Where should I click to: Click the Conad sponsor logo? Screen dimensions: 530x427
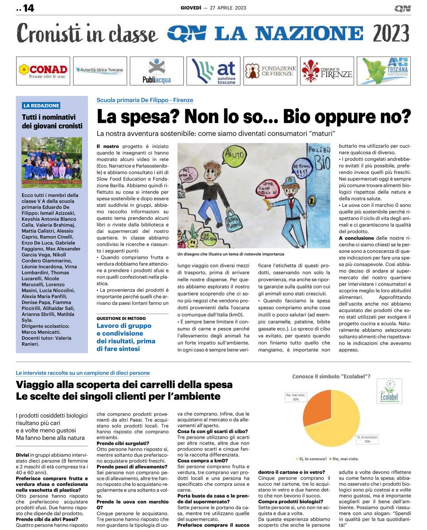pyautogui.click(x=43, y=71)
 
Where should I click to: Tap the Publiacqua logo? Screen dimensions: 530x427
pyautogui.click(x=157, y=71)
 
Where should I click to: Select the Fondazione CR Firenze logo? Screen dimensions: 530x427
pyautogui.click(x=270, y=71)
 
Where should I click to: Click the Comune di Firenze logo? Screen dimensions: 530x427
pyautogui.click(x=327, y=71)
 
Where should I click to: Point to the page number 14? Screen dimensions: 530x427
pyautogui.click(x=28, y=8)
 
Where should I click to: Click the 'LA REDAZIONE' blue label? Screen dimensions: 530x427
pyautogui.click(x=41, y=106)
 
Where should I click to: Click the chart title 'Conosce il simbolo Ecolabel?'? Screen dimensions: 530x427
pyautogui.click(x=331, y=376)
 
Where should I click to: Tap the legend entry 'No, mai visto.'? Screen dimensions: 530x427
pyautogui.click(x=345, y=459)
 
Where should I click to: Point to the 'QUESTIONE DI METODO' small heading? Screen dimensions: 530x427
pyautogui.click(x=121, y=319)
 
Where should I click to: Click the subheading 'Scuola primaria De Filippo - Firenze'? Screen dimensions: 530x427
pyautogui.click(x=145, y=100)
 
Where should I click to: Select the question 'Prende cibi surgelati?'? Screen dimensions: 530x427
pyautogui.click(x=123, y=443)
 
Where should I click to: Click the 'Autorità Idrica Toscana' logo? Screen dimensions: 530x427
pyautogui.click(x=100, y=70)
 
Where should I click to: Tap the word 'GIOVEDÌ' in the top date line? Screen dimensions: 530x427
pyautogui.click(x=191, y=8)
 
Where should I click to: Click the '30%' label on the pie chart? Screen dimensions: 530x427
pyautogui.click(x=296, y=399)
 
